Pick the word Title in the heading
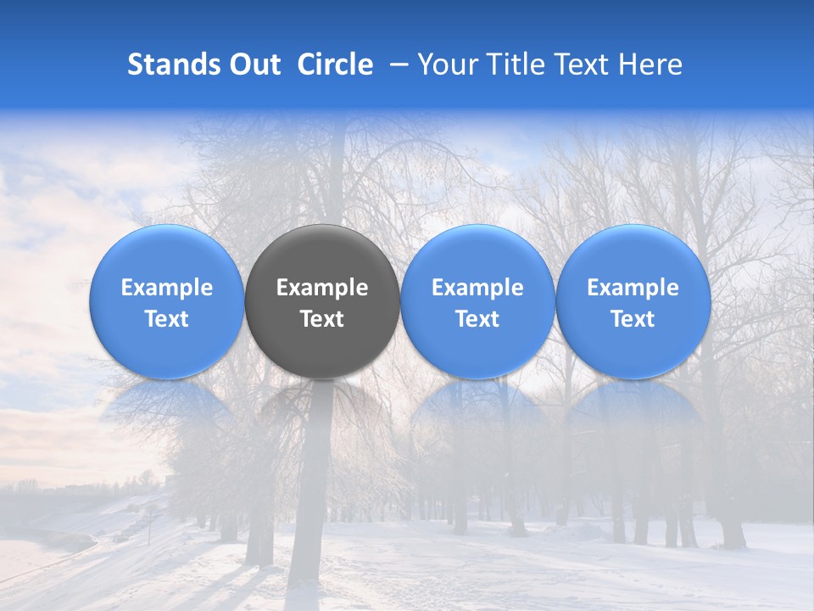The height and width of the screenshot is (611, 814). pos(516,64)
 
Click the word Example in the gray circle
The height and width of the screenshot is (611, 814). pos(322,288)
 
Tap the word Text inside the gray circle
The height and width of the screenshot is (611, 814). pos(322,319)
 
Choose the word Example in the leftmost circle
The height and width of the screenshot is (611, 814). pos(167,288)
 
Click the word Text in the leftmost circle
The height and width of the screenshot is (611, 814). pos(167,319)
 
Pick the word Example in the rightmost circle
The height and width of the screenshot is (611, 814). pos(633,288)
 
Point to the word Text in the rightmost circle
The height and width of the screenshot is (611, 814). pos(633,319)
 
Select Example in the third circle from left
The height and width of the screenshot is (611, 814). pos(477,288)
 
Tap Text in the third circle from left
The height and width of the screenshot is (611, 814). pos(477,319)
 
